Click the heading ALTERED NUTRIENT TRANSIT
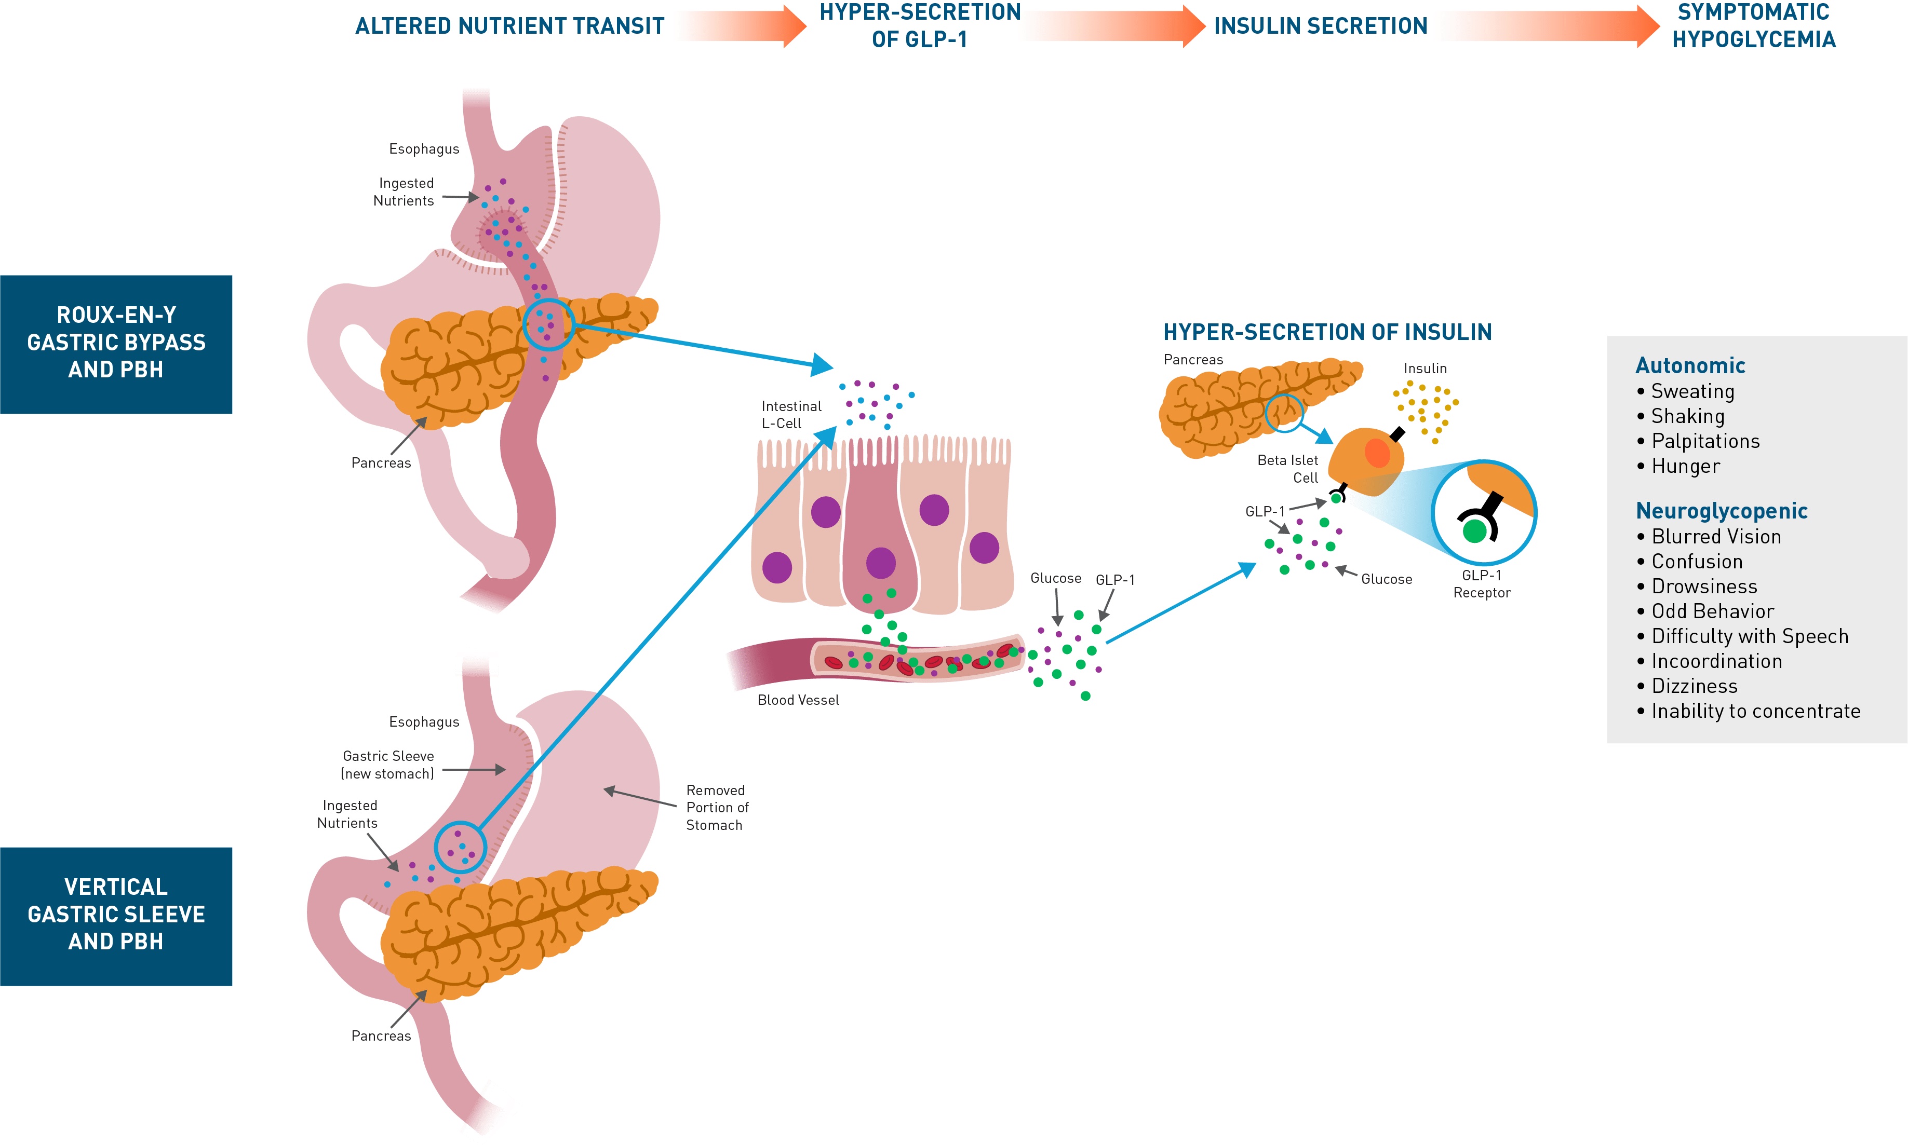click(509, 26)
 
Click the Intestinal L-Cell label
click(790, 414)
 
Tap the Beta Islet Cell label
click(1287, 468)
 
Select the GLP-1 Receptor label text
click(1481, 584)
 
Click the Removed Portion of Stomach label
click(716, 807)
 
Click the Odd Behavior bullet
click(1712, 611)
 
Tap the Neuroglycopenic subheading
click(1721, 511)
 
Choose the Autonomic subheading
click(1689, 366)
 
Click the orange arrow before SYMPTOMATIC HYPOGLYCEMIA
click(1551, 26)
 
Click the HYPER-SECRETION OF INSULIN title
click(1327, 333)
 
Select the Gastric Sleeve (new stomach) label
click(388, 765)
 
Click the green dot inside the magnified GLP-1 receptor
click(1474, 531)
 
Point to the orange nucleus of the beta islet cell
click(1377, 453)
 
